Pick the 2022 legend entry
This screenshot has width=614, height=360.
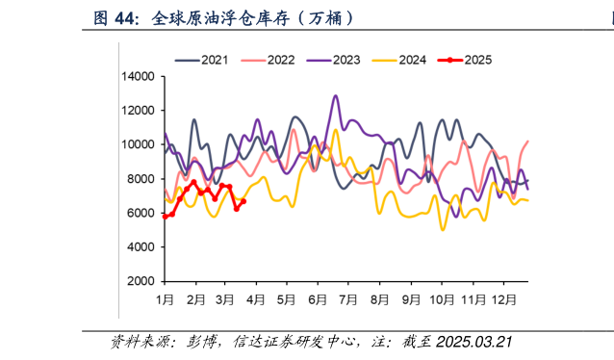280,60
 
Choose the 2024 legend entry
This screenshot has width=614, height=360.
412,60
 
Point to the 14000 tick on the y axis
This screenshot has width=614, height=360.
139,76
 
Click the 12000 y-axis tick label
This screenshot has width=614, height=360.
139,110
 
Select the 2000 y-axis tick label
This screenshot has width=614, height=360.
141,281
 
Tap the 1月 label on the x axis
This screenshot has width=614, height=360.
166,299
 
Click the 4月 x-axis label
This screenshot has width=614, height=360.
256,299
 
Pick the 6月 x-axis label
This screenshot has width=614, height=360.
318,299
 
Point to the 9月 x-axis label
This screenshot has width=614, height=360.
411,299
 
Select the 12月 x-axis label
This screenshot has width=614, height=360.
503,299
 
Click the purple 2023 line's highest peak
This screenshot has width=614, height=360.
335,96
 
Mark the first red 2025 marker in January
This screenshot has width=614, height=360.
165,217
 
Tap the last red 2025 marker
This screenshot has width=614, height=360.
243,201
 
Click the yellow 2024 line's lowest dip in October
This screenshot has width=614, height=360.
443,229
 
